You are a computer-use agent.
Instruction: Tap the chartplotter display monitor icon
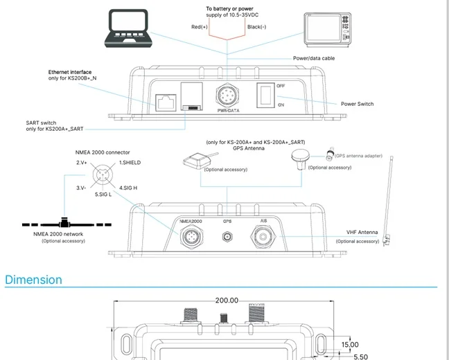pos(327,28)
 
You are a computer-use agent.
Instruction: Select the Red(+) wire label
pos(200,26)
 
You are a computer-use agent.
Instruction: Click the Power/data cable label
pos(314,58)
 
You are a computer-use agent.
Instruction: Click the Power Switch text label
pos(357,104)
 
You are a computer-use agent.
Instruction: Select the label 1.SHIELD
pos(130,162)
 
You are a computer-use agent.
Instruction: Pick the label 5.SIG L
pos(103,195)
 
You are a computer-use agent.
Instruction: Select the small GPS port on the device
pos(227,237)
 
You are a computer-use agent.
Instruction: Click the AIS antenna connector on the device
pos(264,238)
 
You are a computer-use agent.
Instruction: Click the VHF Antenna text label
pos(362,233)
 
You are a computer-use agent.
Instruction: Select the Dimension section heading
pos(33,280)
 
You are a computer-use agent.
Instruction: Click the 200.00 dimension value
pos(226,300)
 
